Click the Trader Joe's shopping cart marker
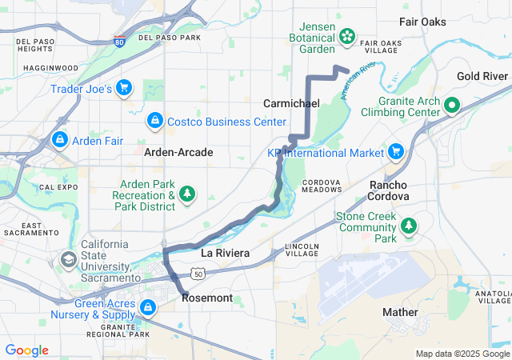[x=124, y=88]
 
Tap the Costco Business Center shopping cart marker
[x=154, y=121]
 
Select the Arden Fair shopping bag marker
[x=58, y=140]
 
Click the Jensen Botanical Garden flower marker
[x=347, y=35]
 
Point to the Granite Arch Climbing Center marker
[x=451, y=105]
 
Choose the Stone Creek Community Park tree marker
[x=410, y=226]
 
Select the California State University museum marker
[x=70, y=259]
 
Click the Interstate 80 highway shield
[x=119, y=41]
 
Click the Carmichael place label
[x=291, y=104]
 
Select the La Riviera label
[x=225, y=253]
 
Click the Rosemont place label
[x=207, y=298]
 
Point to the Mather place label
[x=400, y=311]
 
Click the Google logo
[x=26, y=350]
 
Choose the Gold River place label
[x=482, y=76]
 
